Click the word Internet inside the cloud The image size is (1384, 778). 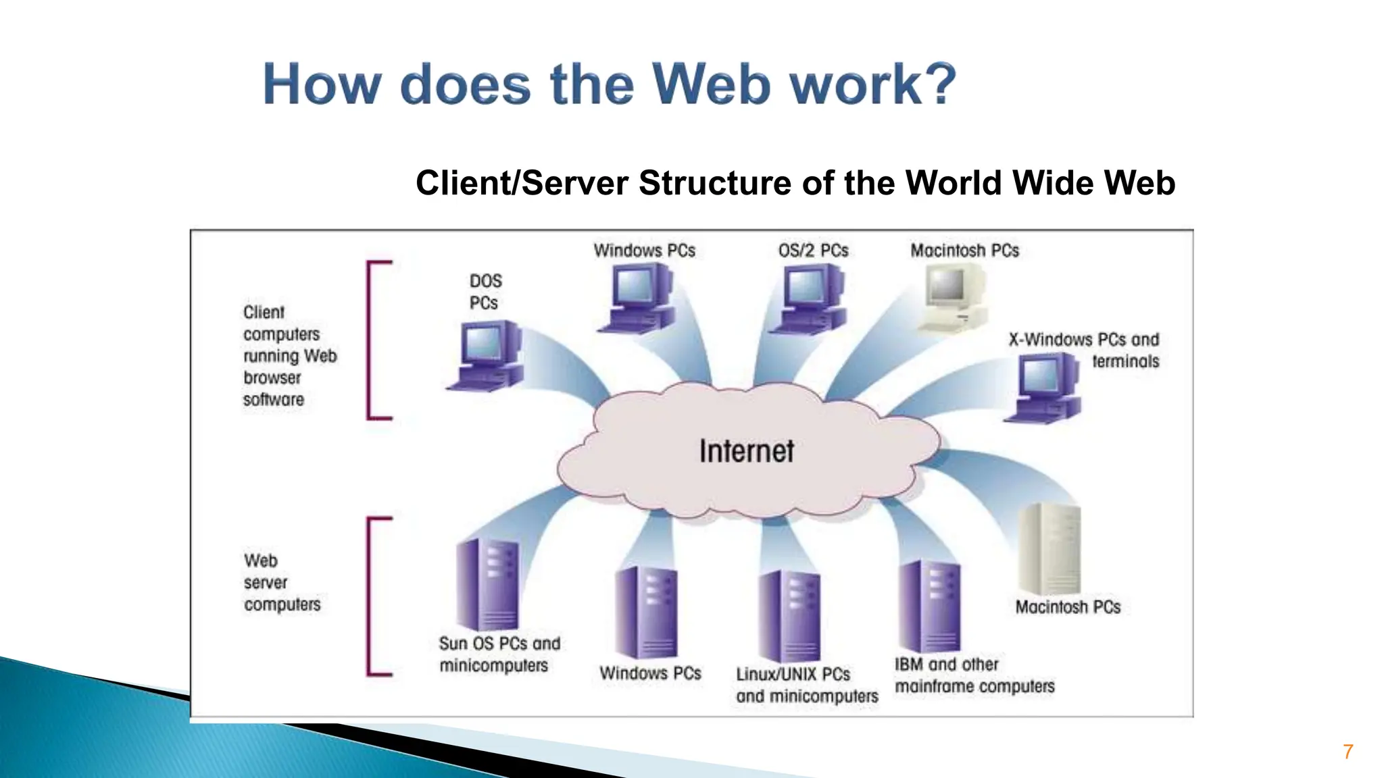(746, 451)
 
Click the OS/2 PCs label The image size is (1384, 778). (813, 251)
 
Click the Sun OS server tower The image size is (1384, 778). (487, 584)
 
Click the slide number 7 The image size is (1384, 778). (1348, 752)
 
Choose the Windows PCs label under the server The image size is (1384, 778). (650, 673)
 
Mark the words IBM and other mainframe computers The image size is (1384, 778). (974, 675)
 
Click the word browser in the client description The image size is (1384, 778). (272, 378)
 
